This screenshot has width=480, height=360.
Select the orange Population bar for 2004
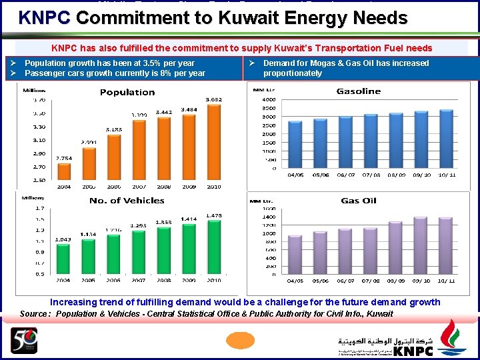pyautogui.click(x=64, y=171)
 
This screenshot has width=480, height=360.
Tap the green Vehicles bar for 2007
pyautogui.click(x=139, y=251)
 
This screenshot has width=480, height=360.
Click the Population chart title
pyautogui.click(x=127, y=92)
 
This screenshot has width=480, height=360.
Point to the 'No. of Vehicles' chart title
pyautogui.click(x=127, y=200)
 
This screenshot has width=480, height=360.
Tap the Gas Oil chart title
pyautogui.click(x=359, y=200)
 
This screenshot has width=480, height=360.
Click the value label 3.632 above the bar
pyautogui.click(x=213, y=99)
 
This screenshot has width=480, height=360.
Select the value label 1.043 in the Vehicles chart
pyautogui.click(x=63, y=239)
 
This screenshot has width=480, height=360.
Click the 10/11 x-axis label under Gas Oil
pyautogui.click(x=446, y=281)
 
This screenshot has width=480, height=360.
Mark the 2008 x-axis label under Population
pyautogui.click(x=163, y=187)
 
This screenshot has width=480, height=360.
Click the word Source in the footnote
pyautogui.click(x=33, y=313)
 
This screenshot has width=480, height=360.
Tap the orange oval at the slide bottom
pyautogui.click(x=240, y=341)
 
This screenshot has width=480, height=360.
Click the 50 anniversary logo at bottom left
pyautogui.click(x=23, y=341)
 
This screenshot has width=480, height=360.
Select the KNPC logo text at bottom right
pyautogui.click(x=413, y=351)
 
